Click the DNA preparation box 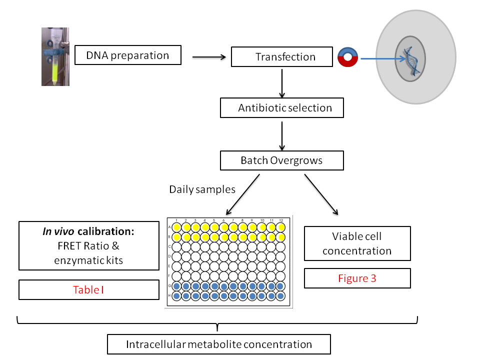click(x=127, y=55)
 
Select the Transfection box click(x=282, y=56)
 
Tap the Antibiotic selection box click(x=282, y=107)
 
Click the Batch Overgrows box click(x=282, y=160)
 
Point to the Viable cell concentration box click(x=357, y=243)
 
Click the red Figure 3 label click(x=357, y=278)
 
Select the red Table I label click(x=88, y=289)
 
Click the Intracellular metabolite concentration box click(x=219, y=344)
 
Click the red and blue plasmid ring click(x=347, y=57)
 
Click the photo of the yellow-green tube click(x=55, y=56)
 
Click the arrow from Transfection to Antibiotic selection click(x=282, y=82)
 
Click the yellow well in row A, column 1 click(x=176, y=227)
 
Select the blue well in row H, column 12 click(x=281, y=295)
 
